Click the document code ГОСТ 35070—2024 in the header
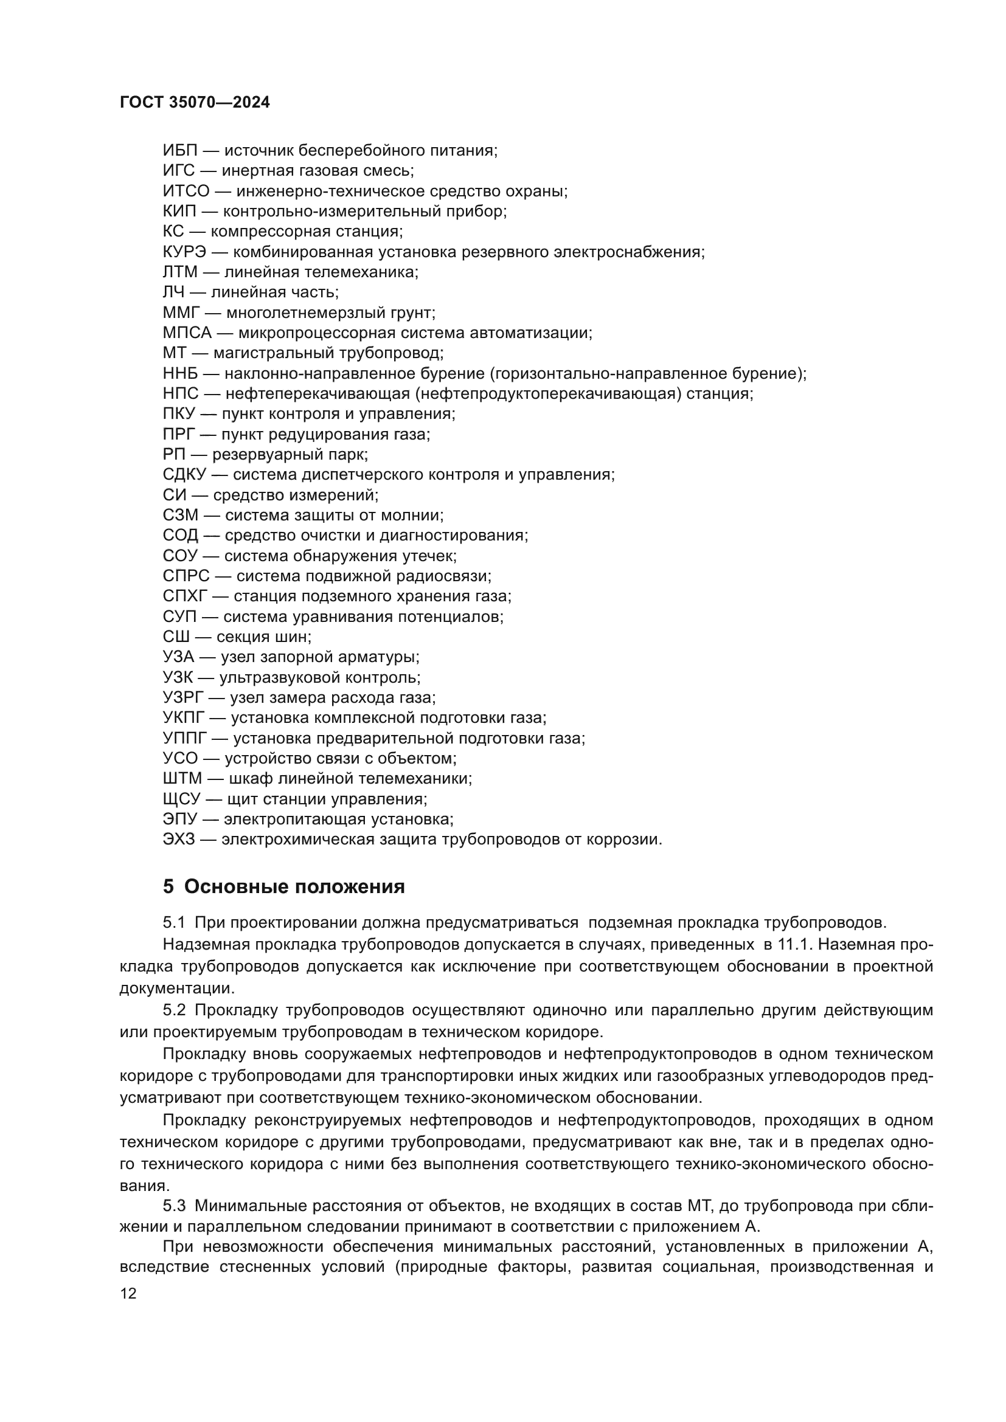click(195, 103)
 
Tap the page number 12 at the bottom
click(128, 1294)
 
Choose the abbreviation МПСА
click(187, 333)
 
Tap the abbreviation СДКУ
click(184, 475)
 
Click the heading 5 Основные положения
click(283, 887)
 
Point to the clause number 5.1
click(174, 923)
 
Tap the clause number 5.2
click(174, 1011)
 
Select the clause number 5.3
click(174, 1206)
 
